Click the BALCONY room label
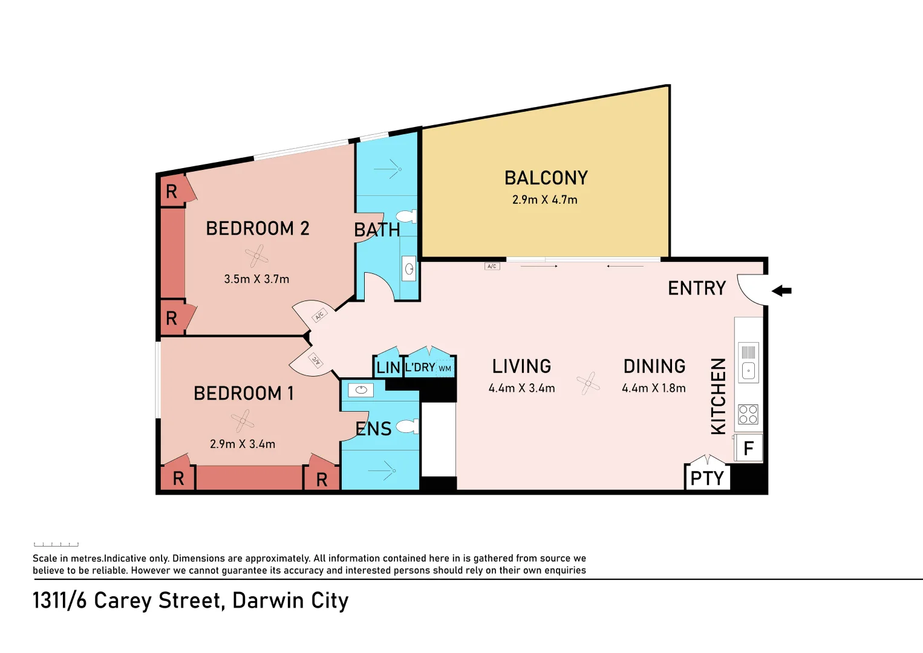click(x=546, y=178)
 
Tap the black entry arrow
click(x=781, y=291)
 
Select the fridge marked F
click(x=748, y=449)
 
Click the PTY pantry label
click(x=706, y=478)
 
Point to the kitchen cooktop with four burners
click(x=748, y=414)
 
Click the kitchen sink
click(x=748, y=370)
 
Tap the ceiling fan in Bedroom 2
click(x=256, y=256)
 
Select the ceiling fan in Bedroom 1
click(x=243, y=421)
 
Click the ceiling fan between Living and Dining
click(x=588, y=383)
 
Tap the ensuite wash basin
click(x=361, y=390)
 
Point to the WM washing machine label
click(x=445, y=368)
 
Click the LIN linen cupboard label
click(x=388, y=368)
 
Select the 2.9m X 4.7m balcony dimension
click(x=544, y=200)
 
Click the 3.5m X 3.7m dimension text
click(x=256, y=279)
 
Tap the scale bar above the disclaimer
click(x=56, y=544)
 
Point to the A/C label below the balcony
click(x=492, y=266)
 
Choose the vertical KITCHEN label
click(x=718, y=396)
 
